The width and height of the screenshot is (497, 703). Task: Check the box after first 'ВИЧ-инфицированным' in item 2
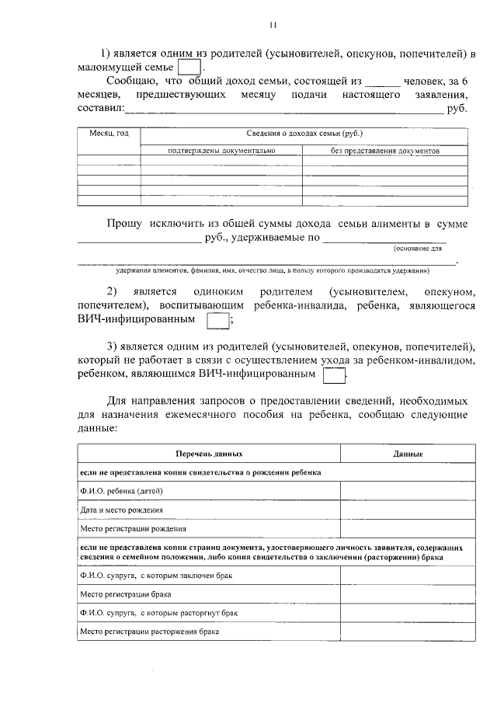pyautogui.click(x=219, y=321)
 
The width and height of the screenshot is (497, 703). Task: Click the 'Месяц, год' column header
pyautogui.click(x=109, y=134)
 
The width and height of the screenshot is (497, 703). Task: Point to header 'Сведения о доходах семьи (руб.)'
pyautogui.click(x=304, y=134)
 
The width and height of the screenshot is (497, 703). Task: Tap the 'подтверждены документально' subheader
pyautogui.click(x=221, y=151)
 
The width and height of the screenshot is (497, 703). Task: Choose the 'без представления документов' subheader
pyautogui.click(x=385, y=151)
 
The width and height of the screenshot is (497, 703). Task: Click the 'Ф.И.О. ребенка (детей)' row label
pyautogui.click(x=121, y=491)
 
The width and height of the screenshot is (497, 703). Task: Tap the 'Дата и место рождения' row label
pyautogui.click(x=122, y=510)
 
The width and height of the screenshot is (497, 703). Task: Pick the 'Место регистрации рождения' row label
pyautogui.click(x=133, y=530)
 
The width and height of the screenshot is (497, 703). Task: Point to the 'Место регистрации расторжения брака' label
pyautogui.click(x=149, y=632)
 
